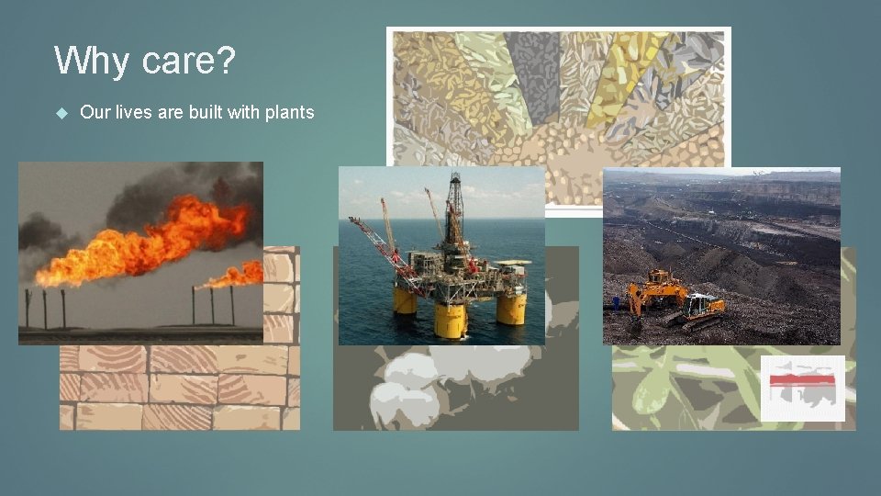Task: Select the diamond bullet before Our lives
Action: [x=61, y=113]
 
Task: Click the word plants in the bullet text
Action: [x=289, y=112]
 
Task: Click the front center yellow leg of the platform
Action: [x=451, y=321]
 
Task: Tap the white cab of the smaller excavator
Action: [x=701, y=303]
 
